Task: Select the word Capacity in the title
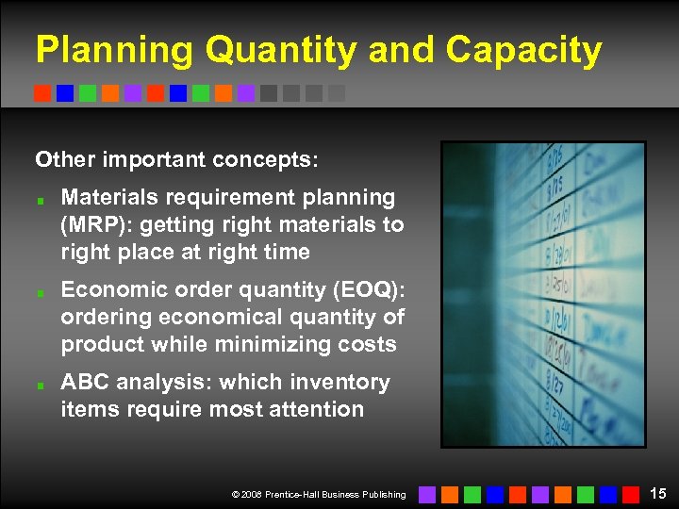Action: click(523, 51)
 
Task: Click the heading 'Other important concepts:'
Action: click(176, 159)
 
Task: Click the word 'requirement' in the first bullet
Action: click(221, 198)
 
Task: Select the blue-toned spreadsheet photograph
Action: click(543, 294)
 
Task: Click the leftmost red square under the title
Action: click(42, 93)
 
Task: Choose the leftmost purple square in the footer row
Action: click(427, 494)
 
